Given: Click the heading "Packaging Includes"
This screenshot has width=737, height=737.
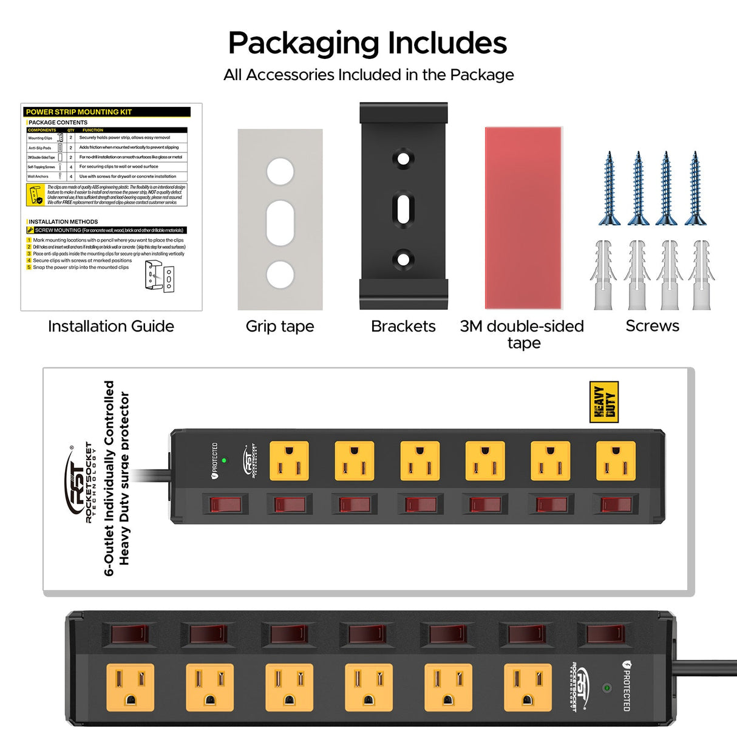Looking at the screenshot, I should click(x=367, y=43).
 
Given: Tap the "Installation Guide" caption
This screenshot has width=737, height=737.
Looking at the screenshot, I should click(x=110, y=326).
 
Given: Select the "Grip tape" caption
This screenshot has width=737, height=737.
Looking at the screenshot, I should click(x=280, y=326).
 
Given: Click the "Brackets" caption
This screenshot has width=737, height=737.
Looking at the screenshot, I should click(x=403, y=326).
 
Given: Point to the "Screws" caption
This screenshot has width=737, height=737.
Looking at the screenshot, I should click(x=652, y=326).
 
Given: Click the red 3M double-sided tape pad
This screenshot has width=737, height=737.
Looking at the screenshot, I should click(x=523, y=218).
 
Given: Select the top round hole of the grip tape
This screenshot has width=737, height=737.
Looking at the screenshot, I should click(x=280, y=172).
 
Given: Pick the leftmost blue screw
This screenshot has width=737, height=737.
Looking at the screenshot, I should click(x=609, y=188).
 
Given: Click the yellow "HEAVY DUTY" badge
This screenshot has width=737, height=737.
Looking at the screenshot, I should click(x=603, y=401).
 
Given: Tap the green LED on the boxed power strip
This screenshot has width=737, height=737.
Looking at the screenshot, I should click(x=224, y=461).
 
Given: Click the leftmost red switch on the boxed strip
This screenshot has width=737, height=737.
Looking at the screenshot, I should click(x=225, y=504).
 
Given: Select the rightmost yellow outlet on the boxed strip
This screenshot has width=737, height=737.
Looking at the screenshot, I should click(x=616, y=461).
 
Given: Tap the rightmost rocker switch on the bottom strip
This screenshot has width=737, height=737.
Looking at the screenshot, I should click(x=605, y=634).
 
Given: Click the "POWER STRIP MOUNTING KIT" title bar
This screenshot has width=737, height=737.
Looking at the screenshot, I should click(x=107, y=112).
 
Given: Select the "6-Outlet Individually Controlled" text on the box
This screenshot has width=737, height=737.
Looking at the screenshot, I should click(x=109, y=478).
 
